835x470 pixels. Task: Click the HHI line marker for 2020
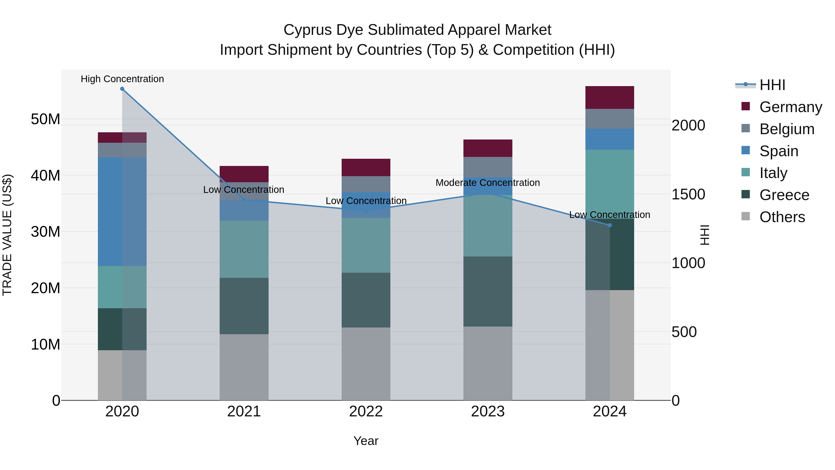[x=122, y=89]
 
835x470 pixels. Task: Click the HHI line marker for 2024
[x=610, y=225]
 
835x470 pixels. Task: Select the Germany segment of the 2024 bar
[x=610, y=98]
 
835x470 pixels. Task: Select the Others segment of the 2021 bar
[x=244, y=367]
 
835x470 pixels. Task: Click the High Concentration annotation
[x=122, y=79]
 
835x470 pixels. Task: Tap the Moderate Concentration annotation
[x=488, y=183]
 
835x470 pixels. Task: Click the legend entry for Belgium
[x=787, y=129]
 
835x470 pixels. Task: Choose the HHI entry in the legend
[x=772, y=85]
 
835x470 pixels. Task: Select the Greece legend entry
[x=784, y=195]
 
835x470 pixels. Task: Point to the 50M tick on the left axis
[x=45, y=119]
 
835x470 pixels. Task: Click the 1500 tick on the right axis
[x=688, y=194]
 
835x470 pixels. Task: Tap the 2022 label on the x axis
[x=366, y=412]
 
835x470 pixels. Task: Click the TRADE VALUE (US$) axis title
[x=7, y=235]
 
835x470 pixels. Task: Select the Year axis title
[x=366, y=441]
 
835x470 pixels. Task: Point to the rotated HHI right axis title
[x=705, y=235]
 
